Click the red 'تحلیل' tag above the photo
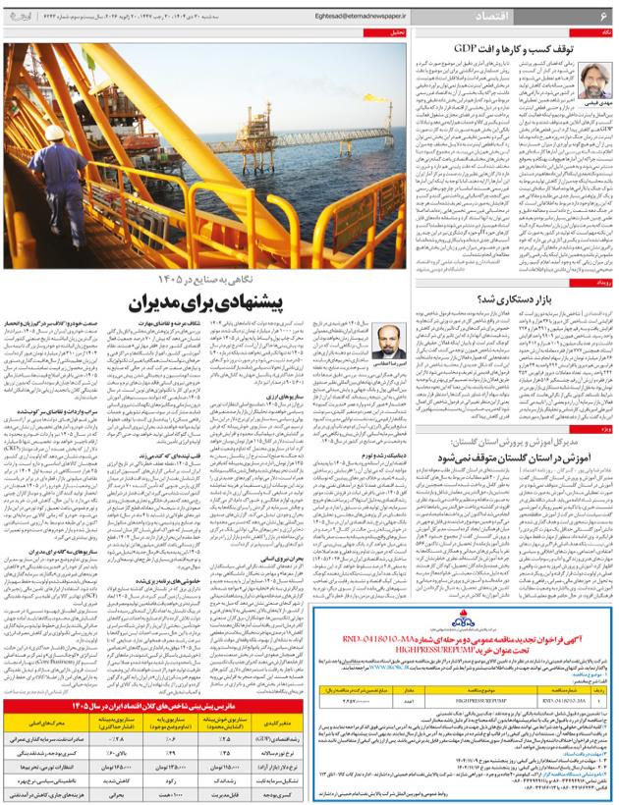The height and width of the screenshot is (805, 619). click(x=395, y=32)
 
